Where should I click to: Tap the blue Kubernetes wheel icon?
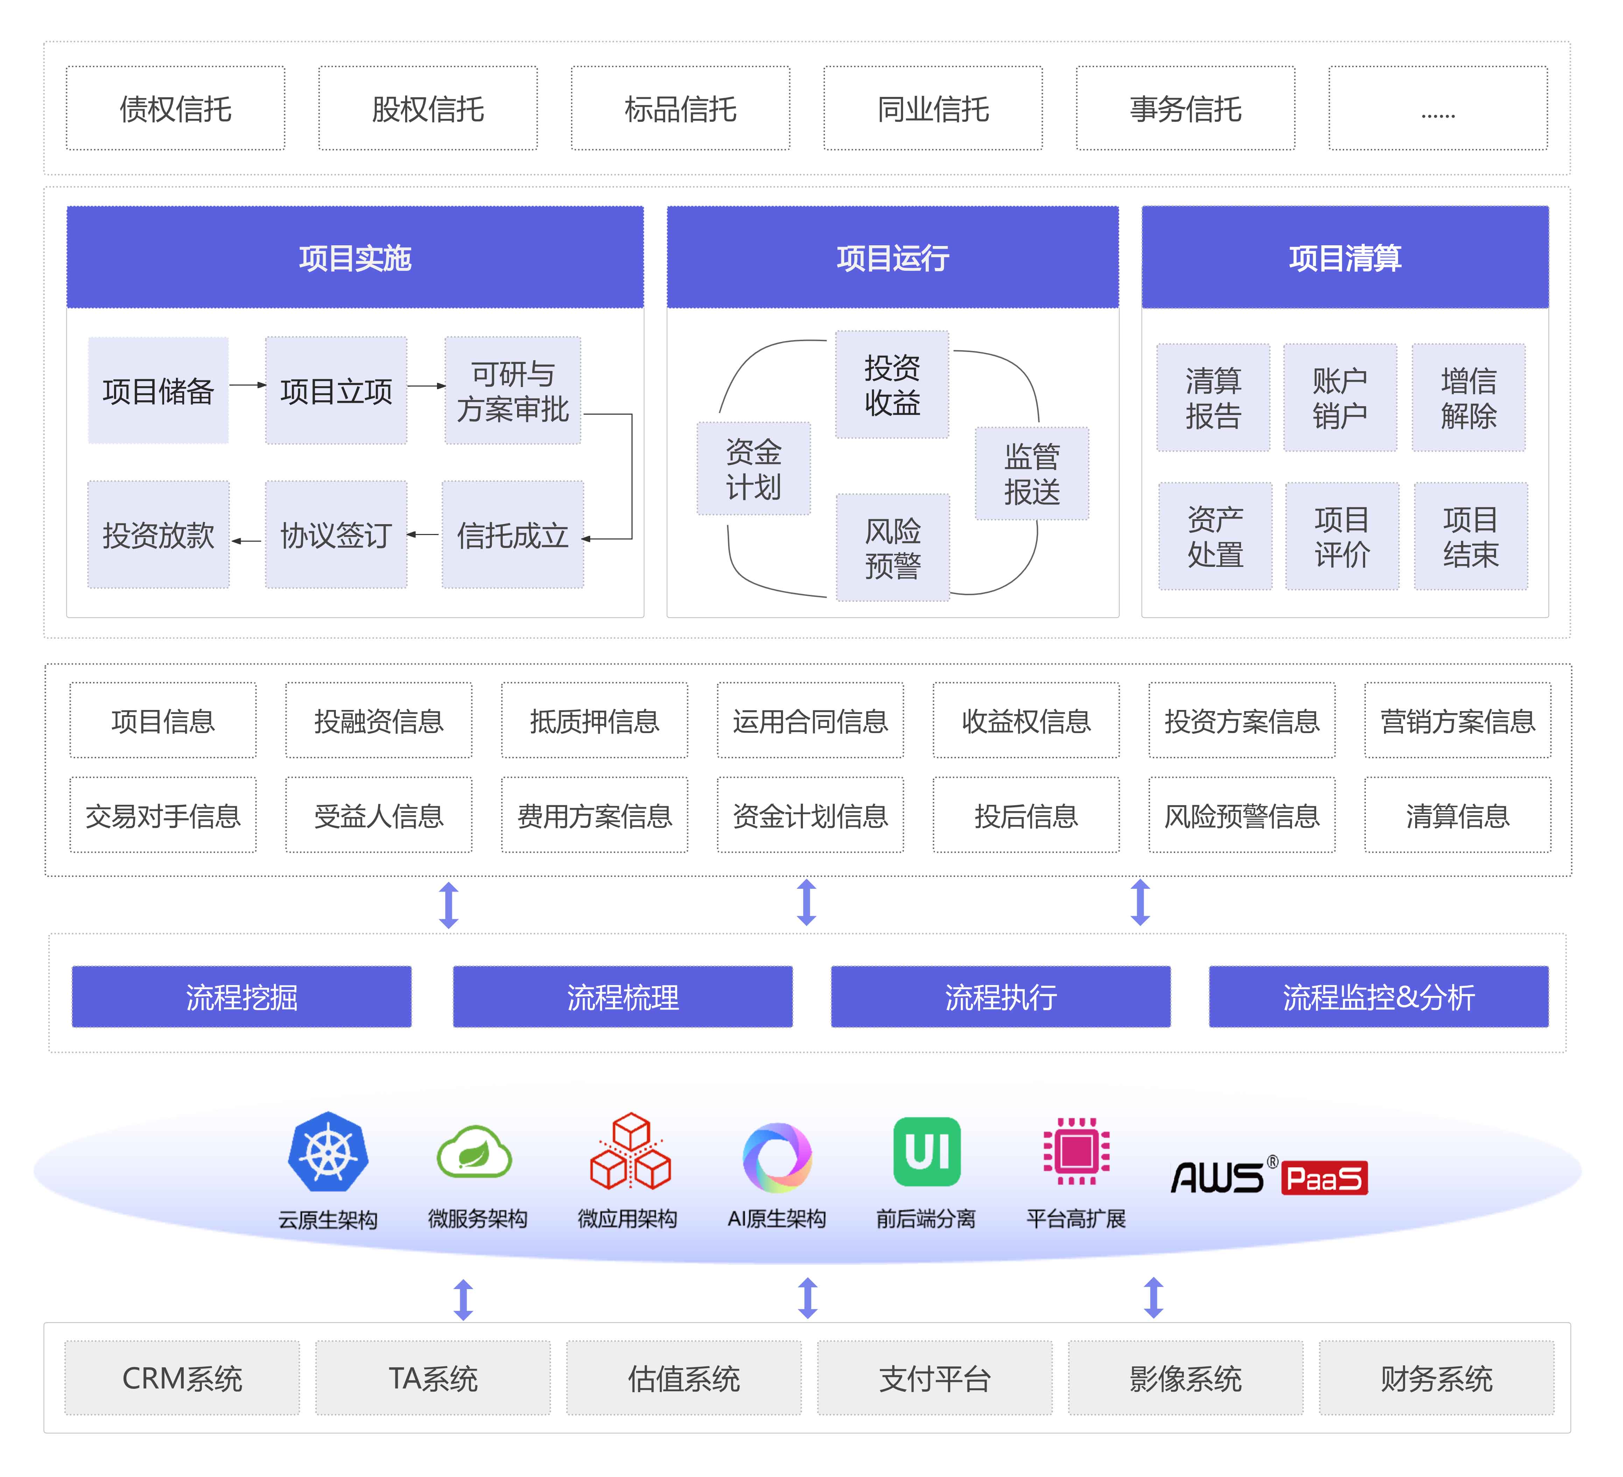click(329, 1152)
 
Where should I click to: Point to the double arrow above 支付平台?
click(807, 1298)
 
